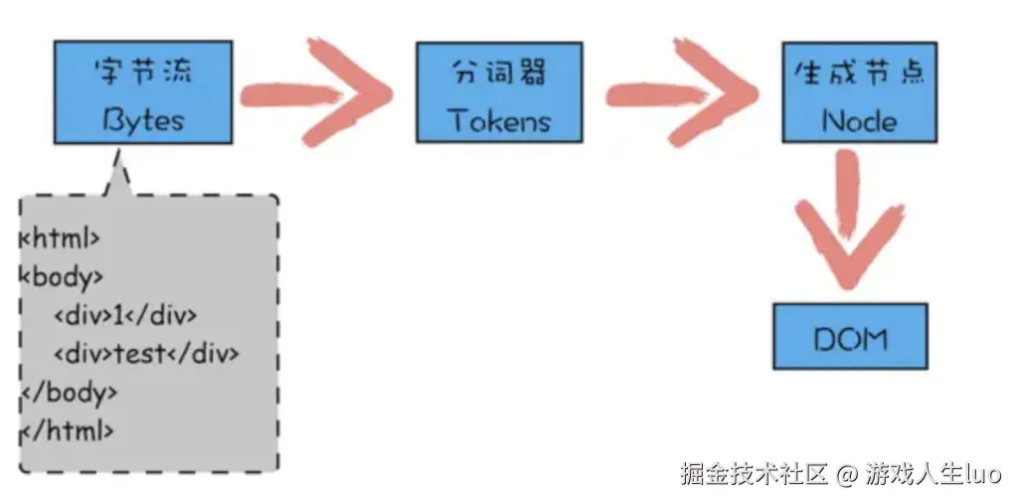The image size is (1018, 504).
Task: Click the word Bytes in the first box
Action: pos(145,120)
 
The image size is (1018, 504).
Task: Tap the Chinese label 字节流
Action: pos(145,73)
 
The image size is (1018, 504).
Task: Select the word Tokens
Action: pos(499,121)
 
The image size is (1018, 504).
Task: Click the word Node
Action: pos(859,121)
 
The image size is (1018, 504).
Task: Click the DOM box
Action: pos(850,338)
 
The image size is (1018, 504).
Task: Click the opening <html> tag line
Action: pos(60,238)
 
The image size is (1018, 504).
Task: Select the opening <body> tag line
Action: pos(62,276)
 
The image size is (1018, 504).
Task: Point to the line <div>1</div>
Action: pos(125,315)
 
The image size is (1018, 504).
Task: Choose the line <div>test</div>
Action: pos(146,354)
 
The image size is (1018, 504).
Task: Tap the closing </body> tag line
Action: pos(69,393)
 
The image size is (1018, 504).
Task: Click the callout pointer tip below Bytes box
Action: pos(118,156)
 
